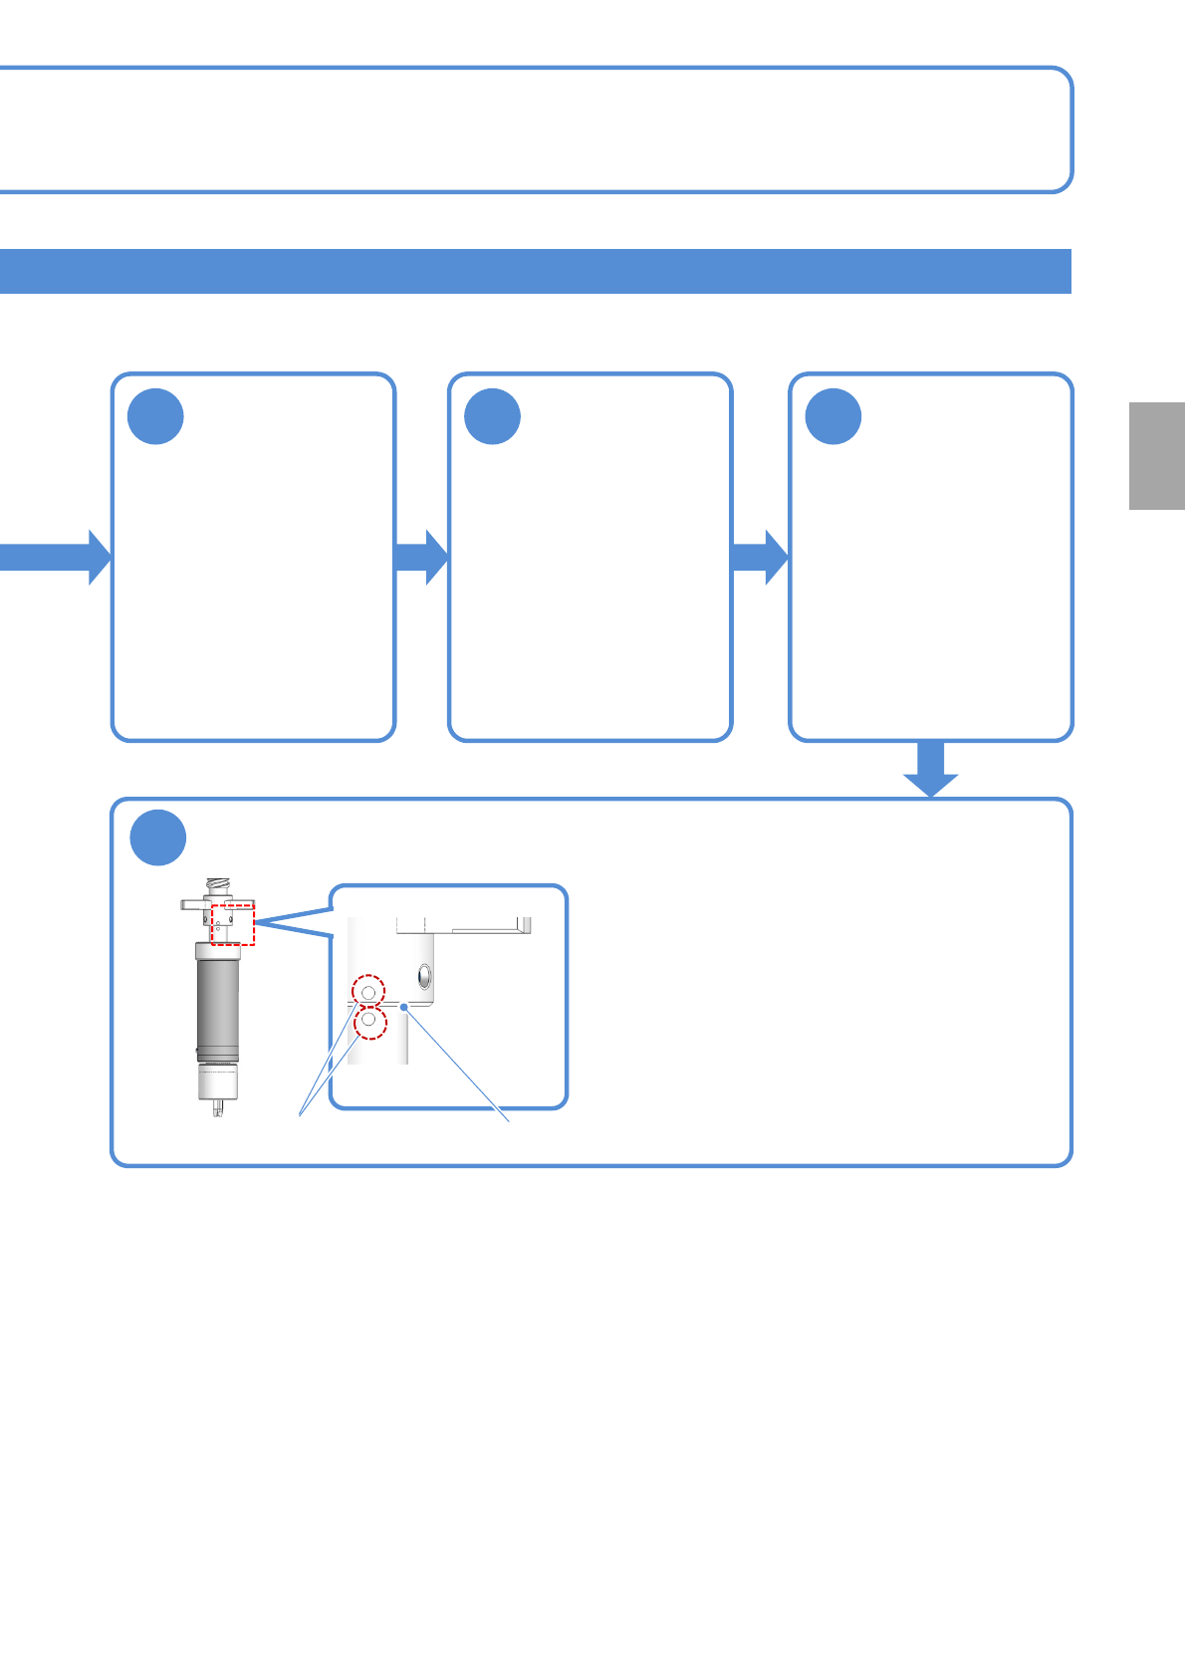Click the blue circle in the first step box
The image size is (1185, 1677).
(156, 417)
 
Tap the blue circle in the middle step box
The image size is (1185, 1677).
(493, 417)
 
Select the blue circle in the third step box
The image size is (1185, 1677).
(833, 417)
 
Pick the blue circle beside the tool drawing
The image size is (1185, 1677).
(158, 838)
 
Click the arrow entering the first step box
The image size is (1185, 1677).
(55, 557)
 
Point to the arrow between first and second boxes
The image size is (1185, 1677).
(421, 557)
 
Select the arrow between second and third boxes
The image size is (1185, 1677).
(760, 557)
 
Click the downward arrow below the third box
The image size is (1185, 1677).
(931, 770)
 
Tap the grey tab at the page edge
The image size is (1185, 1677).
(1156, 456)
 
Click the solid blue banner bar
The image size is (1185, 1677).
(536, 272)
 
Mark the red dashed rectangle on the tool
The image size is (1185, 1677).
(233, 924)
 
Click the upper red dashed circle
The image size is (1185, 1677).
(369, 991)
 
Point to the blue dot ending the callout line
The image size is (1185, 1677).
(404, 1008)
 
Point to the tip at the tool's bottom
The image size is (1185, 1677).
(218, 1108)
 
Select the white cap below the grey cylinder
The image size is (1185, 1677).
(217, 1081)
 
